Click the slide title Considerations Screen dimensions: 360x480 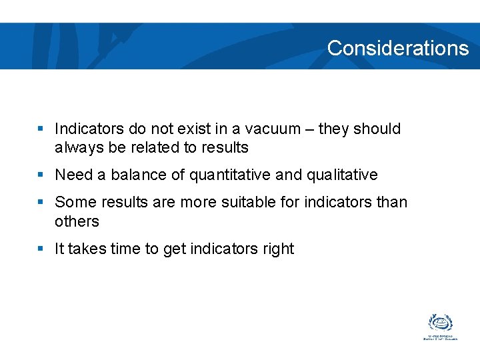[x=398, y=48]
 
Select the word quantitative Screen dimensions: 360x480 [x=230, y=175]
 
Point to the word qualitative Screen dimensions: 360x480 [x=342, y=175]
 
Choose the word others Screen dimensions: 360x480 [x=77, y=221]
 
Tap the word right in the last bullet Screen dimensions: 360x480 [x=278, y=249]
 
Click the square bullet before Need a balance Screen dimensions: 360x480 [x=41, y=175]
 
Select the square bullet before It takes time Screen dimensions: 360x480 [x=41, y=249]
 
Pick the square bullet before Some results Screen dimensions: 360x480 [x=41, y=201]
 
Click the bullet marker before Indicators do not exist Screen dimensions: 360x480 [x=41, y=128]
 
